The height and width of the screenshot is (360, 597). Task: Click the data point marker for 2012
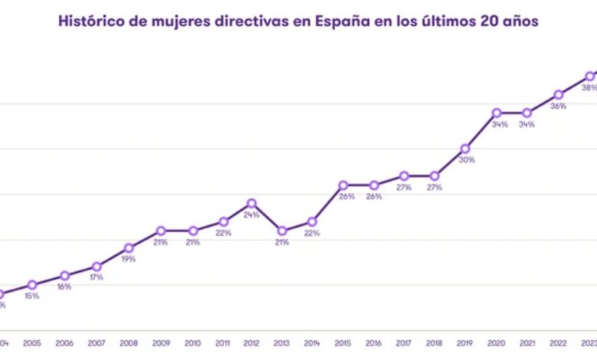(251, 204)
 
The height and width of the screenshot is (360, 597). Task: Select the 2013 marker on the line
(282, 231)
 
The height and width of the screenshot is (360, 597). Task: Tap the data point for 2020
(496, 113)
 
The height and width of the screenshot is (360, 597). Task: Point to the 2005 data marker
(32, 285)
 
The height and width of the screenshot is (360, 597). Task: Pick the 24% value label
(251, 215)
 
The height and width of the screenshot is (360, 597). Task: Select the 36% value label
(558, 106)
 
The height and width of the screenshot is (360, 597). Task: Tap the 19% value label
(129, 259)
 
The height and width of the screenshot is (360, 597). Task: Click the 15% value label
(32, 296)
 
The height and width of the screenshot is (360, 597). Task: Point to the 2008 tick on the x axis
(129, 344)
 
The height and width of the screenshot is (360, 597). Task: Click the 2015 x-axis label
(344, 344)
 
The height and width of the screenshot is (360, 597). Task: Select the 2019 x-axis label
(465, 344)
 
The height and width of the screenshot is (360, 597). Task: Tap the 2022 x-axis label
(558, 344)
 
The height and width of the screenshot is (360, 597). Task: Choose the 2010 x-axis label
(192, 344)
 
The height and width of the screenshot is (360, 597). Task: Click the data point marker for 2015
(344, 185)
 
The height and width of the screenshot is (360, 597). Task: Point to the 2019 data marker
(465, 149)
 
